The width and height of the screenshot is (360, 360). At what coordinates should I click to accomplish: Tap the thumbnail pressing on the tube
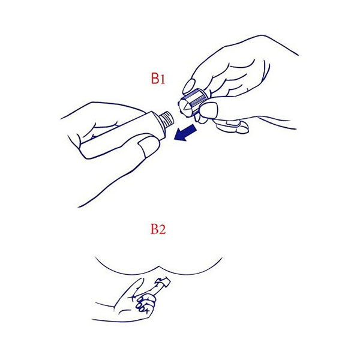(143, 146)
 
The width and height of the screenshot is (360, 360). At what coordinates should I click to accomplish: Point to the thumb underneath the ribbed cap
(210, 112)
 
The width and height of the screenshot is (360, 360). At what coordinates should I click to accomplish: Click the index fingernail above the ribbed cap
(190, 85)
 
